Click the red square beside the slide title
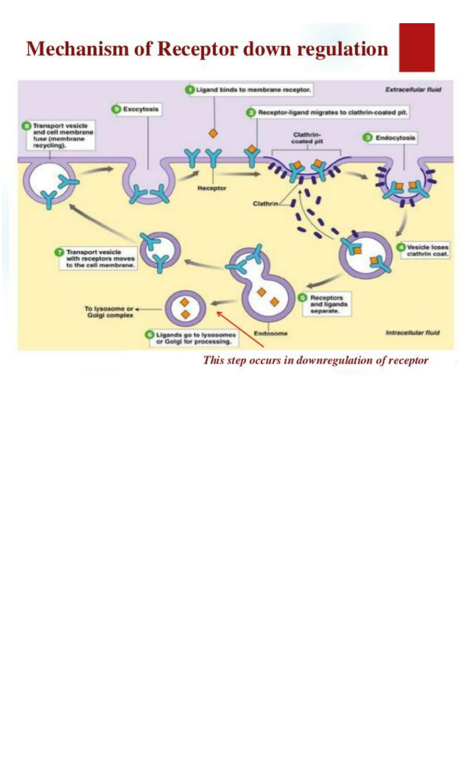click(x=417, y=47)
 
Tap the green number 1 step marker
click(x=189, y=88)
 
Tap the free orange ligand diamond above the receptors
click(x=212, y=134)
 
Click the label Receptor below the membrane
click(x=212, y=188)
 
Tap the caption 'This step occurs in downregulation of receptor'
click(x=316, y=360)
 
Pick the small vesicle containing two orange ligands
click(x=185, y=308)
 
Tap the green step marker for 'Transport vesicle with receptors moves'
click(x=59, y=252)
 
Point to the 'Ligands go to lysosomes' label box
click(x=192, y=338)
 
